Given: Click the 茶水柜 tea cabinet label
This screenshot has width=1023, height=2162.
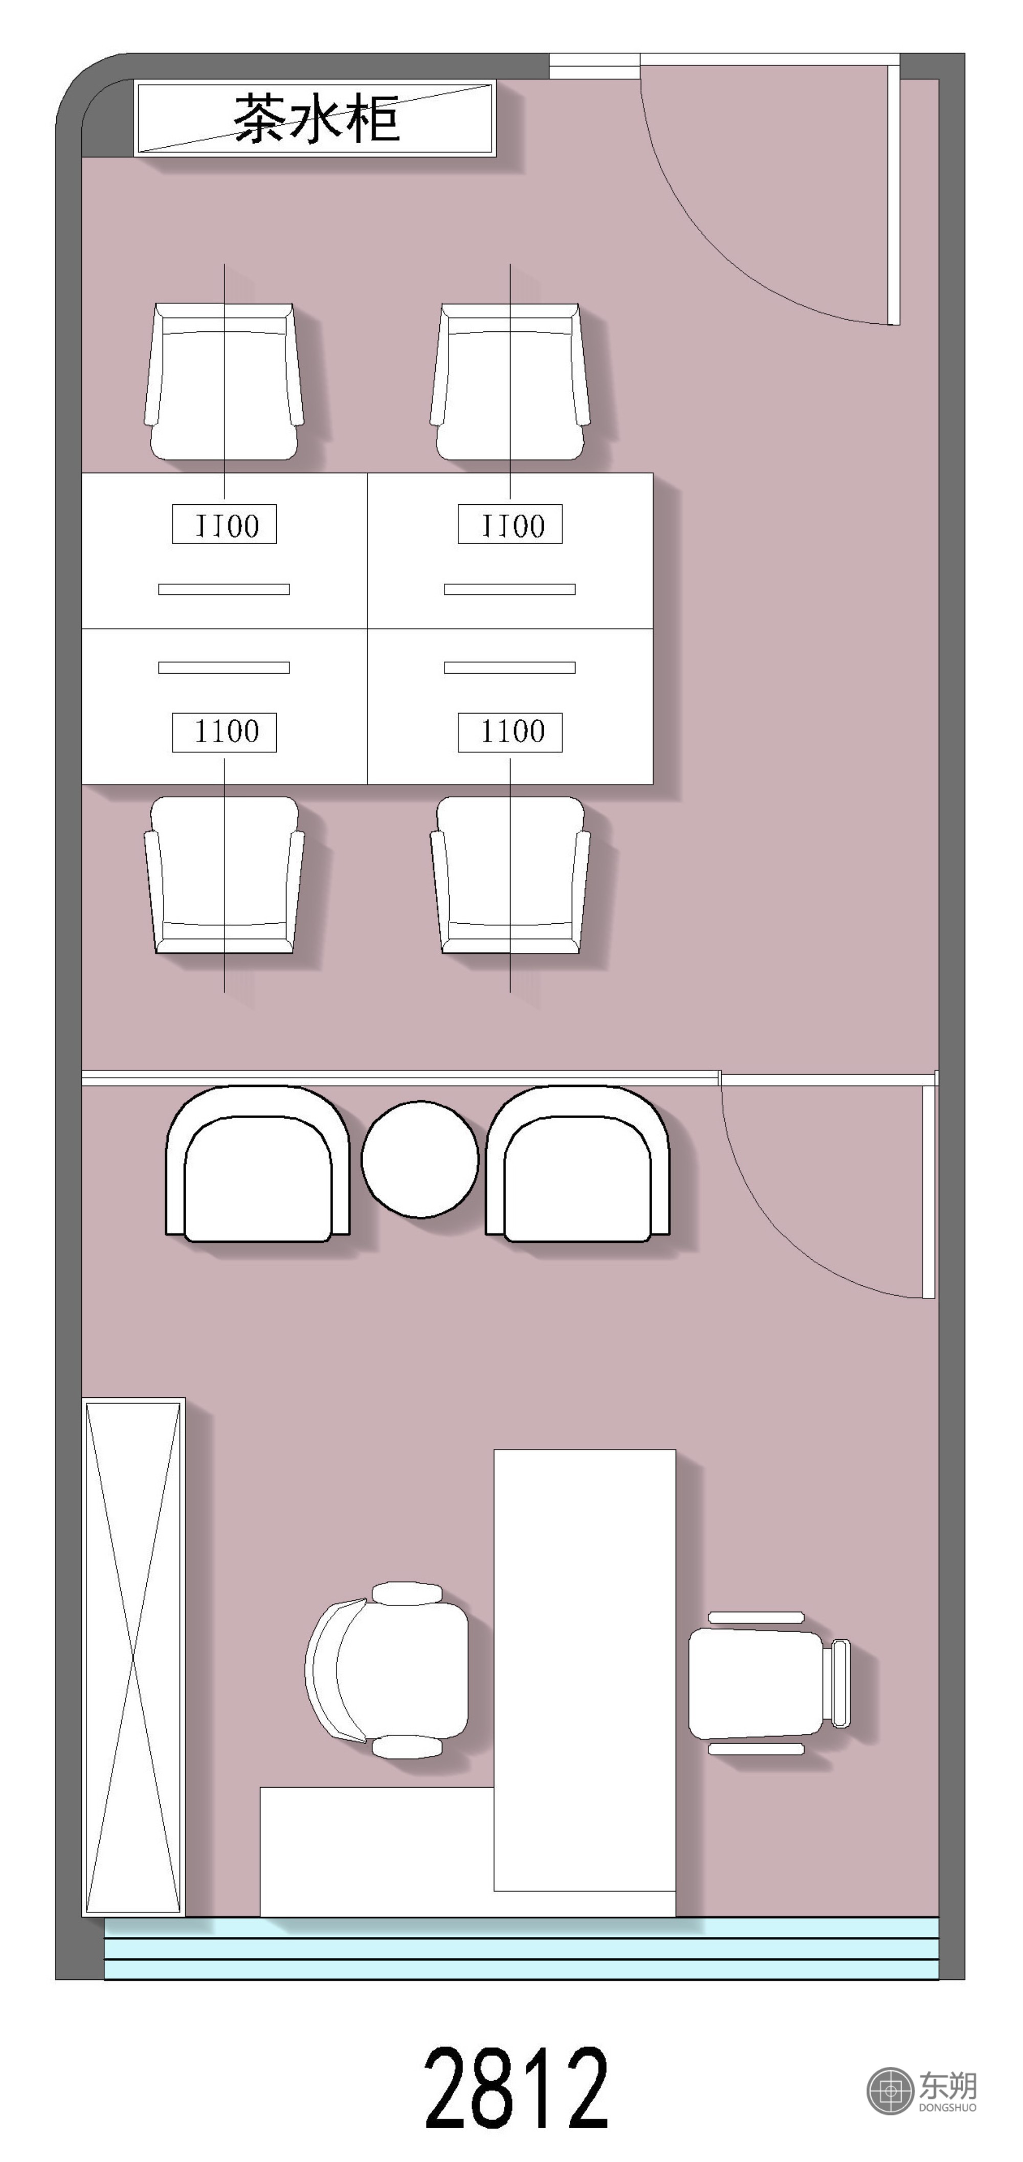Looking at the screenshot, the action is point(317,118).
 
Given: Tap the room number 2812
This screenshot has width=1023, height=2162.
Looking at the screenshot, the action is point(515,2087).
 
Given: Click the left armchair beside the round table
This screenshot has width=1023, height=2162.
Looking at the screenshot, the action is point(258,1163).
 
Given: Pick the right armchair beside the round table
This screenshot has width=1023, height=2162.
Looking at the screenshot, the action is point(577,1163).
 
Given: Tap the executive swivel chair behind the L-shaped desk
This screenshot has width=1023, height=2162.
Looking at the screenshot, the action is point(387,1670).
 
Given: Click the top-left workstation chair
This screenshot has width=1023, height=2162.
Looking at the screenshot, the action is point(224,382).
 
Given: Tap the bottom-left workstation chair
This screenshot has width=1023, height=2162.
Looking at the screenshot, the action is point(224,875).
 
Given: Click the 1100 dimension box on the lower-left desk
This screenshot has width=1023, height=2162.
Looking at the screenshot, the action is point(224,732).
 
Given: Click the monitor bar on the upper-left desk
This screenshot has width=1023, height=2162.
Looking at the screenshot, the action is point(224,589).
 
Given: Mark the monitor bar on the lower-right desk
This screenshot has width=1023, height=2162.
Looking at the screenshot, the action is point(509,667).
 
